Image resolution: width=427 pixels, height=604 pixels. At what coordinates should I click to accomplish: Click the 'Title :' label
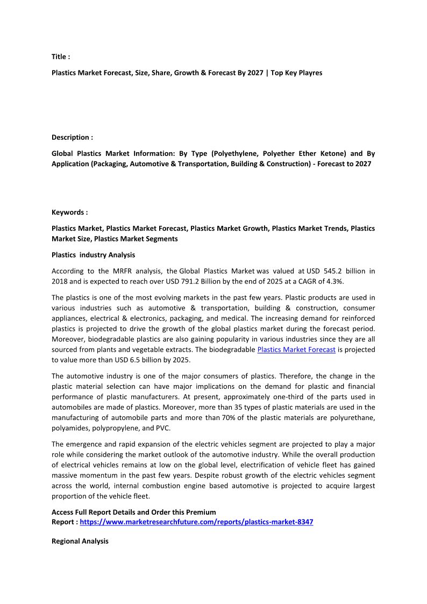[x=61, y=56]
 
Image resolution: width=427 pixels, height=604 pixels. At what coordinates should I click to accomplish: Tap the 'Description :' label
[x=72, y=137]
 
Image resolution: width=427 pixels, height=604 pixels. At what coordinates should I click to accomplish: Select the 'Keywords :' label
[x=69, y=212]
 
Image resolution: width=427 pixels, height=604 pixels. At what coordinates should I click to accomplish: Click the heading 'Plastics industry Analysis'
[x=93, y=255]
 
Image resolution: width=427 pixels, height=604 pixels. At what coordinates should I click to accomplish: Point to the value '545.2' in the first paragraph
[x=322, y=271]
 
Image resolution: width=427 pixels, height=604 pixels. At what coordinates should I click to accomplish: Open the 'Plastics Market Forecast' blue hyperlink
[x=296, y=350]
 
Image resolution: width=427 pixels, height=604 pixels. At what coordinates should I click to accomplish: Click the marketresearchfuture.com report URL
[x=196, y=522]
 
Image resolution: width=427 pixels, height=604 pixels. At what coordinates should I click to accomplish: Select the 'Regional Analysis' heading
[x=80, y=541]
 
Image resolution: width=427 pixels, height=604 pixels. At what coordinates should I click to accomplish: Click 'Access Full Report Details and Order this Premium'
[x=133, y=512]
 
